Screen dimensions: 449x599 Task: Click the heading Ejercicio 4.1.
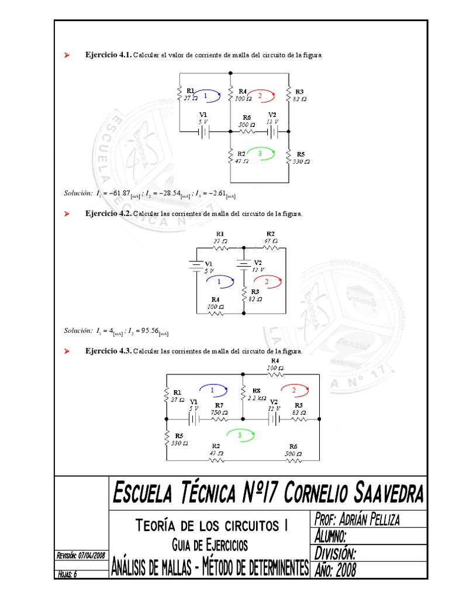109,55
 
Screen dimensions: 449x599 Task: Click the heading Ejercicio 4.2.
109,214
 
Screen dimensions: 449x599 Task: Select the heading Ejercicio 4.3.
109,351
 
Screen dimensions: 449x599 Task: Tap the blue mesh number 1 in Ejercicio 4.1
205,95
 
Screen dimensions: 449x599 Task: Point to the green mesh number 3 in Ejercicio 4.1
260,153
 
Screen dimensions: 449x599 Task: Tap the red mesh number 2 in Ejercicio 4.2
267,282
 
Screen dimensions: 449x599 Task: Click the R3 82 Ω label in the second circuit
255,294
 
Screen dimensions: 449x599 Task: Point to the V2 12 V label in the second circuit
258,266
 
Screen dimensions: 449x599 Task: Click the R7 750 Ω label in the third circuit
219,408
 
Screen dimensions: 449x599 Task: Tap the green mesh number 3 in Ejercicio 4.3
240,435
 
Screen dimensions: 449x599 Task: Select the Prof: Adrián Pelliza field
365,519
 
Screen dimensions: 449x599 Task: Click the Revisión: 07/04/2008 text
81,555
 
